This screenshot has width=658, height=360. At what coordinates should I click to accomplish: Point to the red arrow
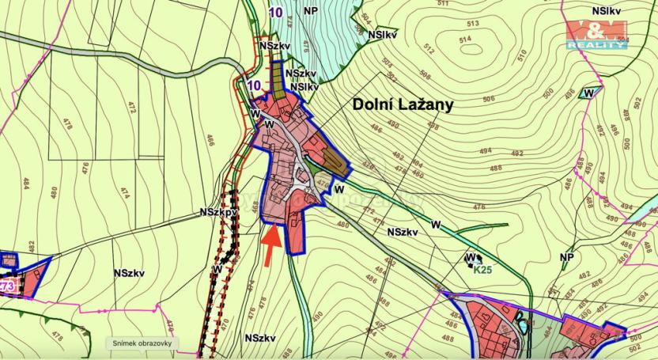pos(270,244)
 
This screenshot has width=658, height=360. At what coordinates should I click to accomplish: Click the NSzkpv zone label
pos(218,212)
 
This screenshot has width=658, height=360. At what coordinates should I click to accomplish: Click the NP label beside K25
pos(565,258)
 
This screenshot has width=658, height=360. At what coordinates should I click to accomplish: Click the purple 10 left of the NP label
pos(274,12)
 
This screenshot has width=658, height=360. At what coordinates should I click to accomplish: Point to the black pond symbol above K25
pos(471,258)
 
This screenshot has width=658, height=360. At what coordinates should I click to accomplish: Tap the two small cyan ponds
pos(522,324)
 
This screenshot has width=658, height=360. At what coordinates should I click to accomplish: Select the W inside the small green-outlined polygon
pos(588,93)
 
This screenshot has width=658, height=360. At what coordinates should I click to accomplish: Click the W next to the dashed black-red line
pos(216,269)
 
